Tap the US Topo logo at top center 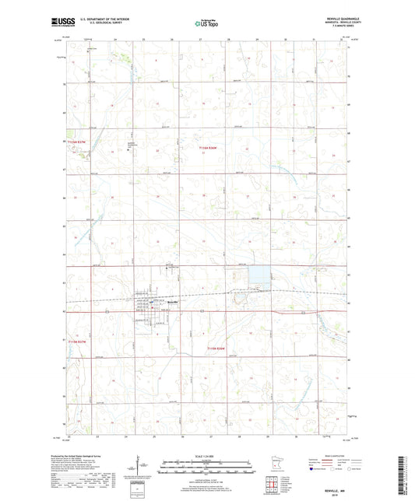(x=206, y=24)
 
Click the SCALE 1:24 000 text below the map (x=207, y=457)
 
